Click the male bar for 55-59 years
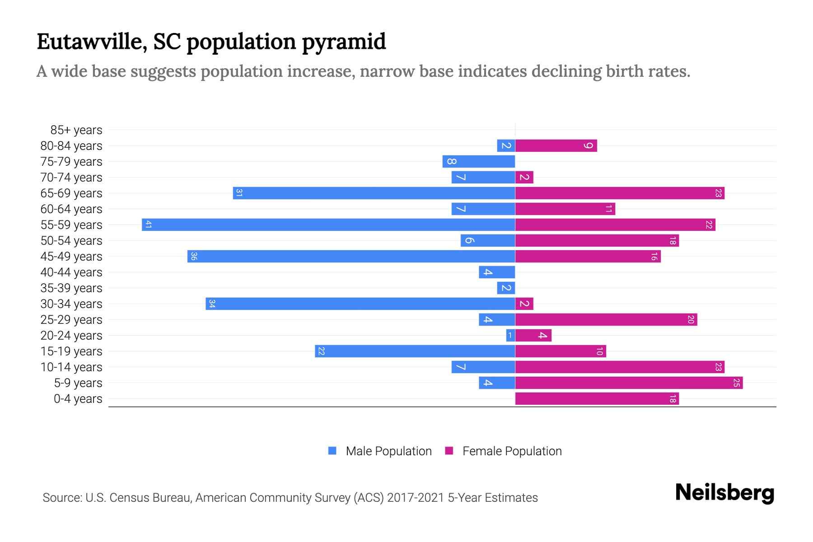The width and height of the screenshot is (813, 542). (328, 224)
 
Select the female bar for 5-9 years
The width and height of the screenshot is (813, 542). (629, 383)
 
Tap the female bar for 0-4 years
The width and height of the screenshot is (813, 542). (597, 399)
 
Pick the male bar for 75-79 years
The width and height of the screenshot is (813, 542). (479, 161)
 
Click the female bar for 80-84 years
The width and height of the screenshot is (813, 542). (556, 145)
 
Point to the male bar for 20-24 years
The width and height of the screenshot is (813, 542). (510, 336)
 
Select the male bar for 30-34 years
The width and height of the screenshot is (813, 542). (360, 304)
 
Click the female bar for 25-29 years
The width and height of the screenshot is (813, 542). (606, 320)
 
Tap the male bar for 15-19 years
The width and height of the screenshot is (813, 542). (415, 351)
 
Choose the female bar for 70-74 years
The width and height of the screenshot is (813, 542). (524, 177)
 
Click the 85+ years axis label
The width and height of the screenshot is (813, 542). (76, 130)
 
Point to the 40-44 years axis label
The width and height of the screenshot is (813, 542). (71, 272)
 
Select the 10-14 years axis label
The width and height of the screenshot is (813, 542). (71, 367)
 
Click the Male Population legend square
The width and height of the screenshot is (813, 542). (332, 451)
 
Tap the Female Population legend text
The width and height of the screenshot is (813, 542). (512, 451)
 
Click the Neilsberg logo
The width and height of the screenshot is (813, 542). (724, 493)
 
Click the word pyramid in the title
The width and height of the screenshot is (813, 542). (344, 42)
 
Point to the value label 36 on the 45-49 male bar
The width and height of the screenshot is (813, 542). (194, 256)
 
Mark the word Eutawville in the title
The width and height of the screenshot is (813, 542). (92, 42)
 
